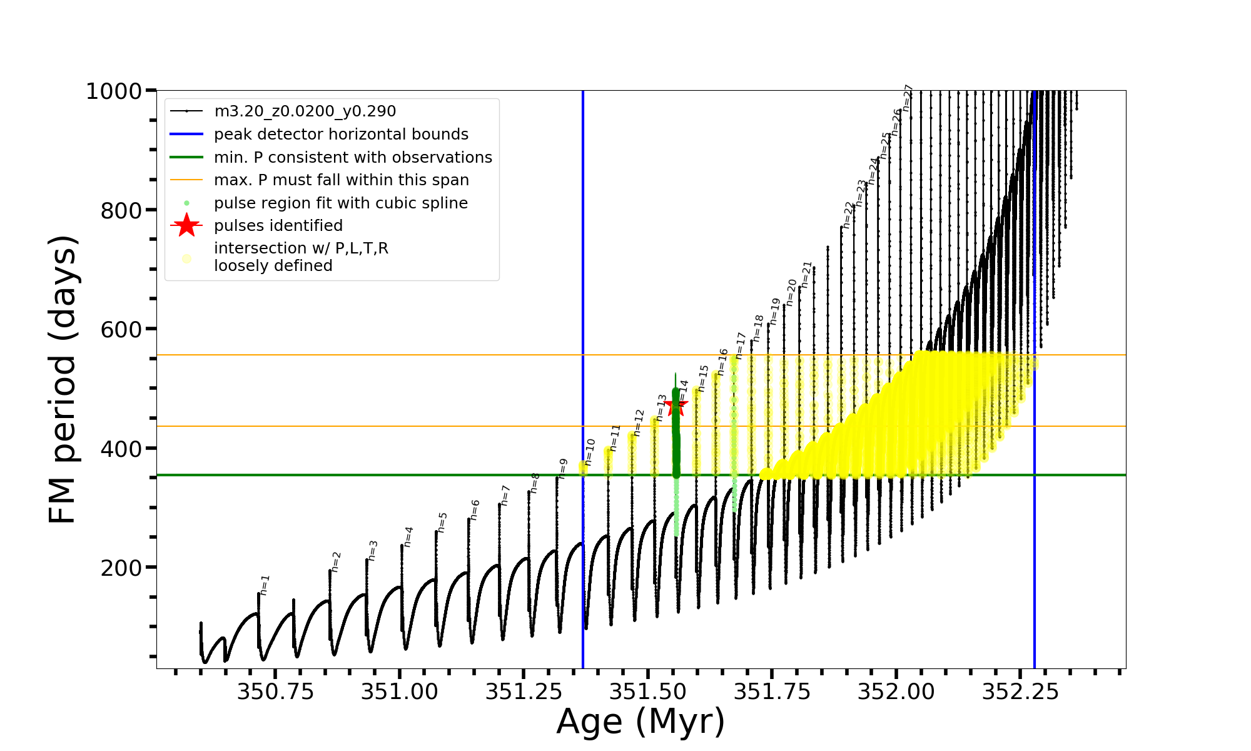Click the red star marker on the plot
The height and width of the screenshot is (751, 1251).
(676, 406)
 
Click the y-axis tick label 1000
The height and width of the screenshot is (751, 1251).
(114, 91)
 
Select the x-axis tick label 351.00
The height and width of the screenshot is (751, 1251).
(400, 692)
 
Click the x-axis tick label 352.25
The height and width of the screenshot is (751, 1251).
(1020, 692)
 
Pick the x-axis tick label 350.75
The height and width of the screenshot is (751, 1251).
(275, 692)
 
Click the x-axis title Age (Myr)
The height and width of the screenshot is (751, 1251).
(641, 722)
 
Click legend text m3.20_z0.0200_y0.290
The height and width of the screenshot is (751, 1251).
(305, 111)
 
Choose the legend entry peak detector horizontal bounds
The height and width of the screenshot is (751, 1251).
(341, 135)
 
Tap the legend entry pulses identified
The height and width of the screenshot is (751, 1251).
(278, 226)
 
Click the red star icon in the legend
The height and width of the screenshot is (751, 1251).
(186, 225)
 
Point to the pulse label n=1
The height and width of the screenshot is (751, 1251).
(265, 585)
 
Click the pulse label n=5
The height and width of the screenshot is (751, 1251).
(442, 523)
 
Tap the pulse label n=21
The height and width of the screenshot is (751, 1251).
(806, 275)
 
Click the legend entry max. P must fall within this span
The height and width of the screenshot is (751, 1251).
(341, 180)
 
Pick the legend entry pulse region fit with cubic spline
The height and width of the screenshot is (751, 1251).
(340, 203)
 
